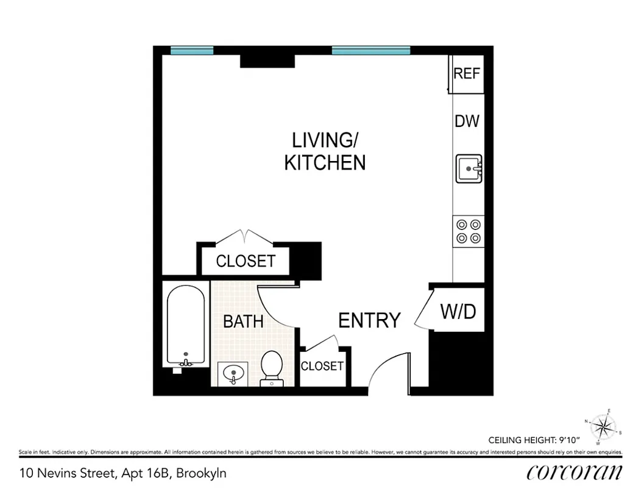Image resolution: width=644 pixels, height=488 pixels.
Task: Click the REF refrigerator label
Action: [467, 74]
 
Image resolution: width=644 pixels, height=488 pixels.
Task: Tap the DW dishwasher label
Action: [467, 121]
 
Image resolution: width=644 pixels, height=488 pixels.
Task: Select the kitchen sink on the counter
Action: [469, 168]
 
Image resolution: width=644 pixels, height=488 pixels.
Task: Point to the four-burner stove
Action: [469, 231]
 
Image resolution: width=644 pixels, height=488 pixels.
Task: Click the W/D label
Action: [458, 312]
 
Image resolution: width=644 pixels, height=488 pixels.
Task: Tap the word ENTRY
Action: [369, 320]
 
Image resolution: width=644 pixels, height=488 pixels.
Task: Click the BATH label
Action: [243, 321]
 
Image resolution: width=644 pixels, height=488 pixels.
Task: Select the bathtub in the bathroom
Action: [186, 326]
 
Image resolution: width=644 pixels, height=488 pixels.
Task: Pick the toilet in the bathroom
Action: [271, 368]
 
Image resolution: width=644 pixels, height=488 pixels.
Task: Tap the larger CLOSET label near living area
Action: [246, 262]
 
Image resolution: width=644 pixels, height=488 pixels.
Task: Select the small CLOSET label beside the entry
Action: [322, 366]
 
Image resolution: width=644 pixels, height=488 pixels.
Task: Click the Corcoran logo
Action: [574, 472]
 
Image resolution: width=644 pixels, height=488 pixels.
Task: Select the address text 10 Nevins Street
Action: [67, 473]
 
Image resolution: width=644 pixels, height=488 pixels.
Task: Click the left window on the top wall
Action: [191, 51]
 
